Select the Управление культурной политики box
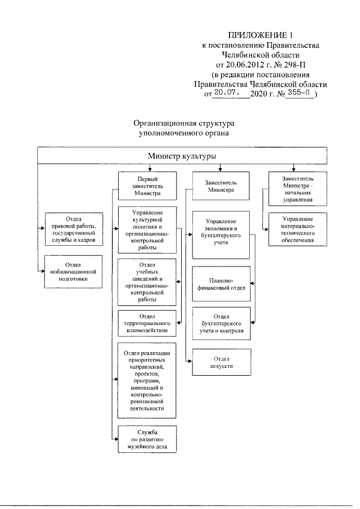tap(147, 230)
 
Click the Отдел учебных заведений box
tap(147, 282)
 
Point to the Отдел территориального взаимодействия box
tap(147, 323)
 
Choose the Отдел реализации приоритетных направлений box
tap(147, 380)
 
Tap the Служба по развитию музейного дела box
tap(147, 439)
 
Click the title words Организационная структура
tap(184, 123)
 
